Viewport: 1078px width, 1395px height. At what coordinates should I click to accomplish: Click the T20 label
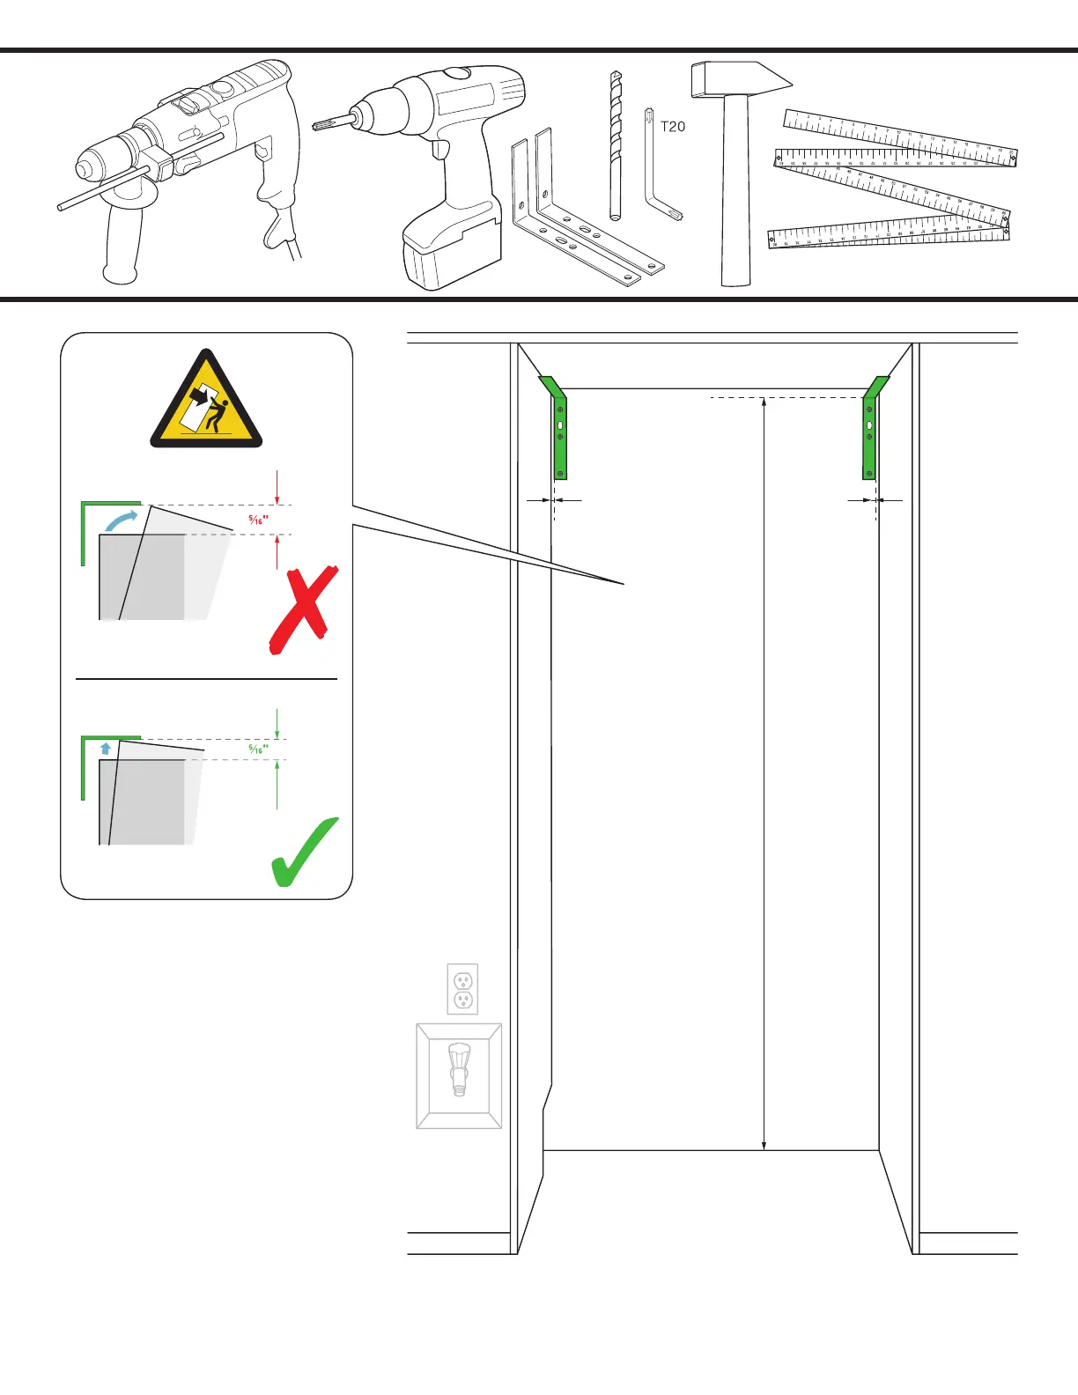tap(673, 127)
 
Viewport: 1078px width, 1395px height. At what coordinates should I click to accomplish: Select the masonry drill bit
tap(616, 145)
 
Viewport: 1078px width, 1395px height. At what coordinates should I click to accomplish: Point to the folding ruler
tap(894, 181)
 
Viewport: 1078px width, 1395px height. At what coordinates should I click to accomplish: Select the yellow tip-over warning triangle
tap(207, 403)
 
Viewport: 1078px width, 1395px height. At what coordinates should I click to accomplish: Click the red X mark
tap(302, 609)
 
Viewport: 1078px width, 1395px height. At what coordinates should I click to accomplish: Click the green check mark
tap(304, 852)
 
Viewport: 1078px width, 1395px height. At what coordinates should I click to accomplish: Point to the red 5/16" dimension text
tap(258, 520)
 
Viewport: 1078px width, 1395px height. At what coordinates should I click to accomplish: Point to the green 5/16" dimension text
tap(258, 749)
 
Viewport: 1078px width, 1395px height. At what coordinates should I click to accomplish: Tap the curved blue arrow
tap(122, 520)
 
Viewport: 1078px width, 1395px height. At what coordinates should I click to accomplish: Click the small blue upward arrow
tap(106, 749)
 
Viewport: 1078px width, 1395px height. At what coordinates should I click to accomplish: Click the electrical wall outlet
tap(462, 989)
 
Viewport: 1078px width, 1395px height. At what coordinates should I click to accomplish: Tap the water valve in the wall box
tap(459, 1067)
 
